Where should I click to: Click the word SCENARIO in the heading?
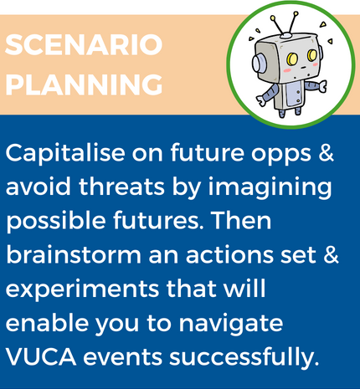tap(84, 45)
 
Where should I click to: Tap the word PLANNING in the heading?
tap(84, 84)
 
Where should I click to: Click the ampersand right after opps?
tap(326, 153)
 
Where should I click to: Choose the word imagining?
tap(270, 188)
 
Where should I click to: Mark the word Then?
tap(241, 220)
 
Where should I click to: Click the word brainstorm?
tap(74, 254)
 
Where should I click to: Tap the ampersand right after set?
tap(331, 255)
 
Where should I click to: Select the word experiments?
tap(82, 290)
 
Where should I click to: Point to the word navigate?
tap(231, 325)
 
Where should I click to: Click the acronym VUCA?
tap(41, 357)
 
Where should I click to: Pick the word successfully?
tap(244, 358)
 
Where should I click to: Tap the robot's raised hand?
tap(322, 85)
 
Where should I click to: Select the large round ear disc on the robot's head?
tap(258, 63)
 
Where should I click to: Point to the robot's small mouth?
tap(302, 67)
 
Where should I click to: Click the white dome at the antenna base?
tap(285, 35)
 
